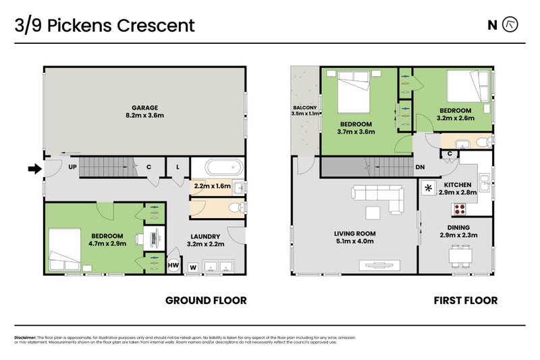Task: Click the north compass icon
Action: pos(511,26)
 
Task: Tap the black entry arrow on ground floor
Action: pos(33,169)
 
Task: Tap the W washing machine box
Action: pos(193,267)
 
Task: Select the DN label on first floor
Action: pos(420,168)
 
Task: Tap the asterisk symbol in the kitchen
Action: pos(428,188)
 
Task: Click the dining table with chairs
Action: pos(462,255)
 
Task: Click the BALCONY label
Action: pos(304,107)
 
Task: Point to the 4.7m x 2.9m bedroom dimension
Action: pos(109,243)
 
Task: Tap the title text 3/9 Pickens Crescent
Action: pos(105,26)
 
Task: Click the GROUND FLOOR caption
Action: pos(206,301)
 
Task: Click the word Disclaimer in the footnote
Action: pos(28,337)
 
